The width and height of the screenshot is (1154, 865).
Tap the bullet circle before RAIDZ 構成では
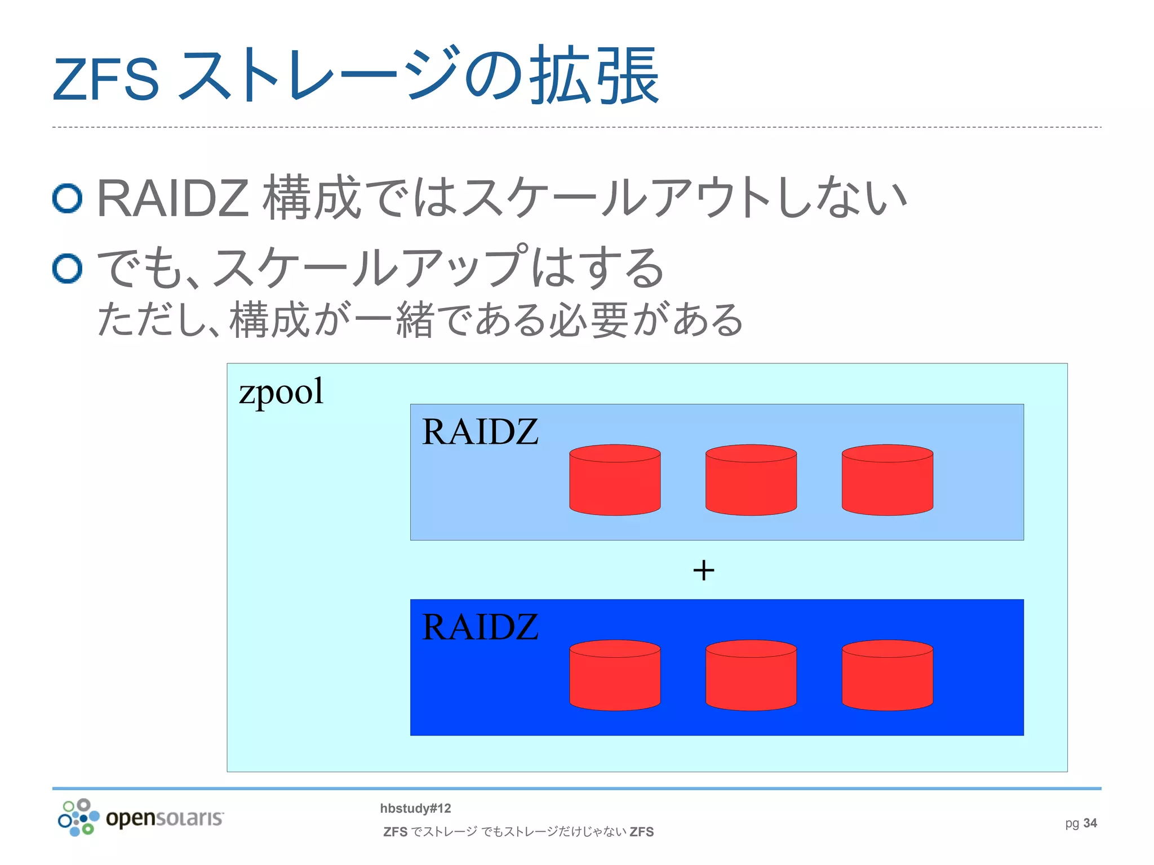click(x=68, y=198)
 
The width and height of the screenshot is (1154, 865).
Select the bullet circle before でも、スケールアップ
click(x=68, y=268)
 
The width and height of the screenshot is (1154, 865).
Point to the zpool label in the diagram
click(x=281, y=391)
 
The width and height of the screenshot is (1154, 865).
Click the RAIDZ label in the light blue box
click(x=480, y=432)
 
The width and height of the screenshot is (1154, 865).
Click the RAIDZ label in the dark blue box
click(x=480, y=627)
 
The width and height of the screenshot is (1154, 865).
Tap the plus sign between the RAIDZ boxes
click(x=704, y=570)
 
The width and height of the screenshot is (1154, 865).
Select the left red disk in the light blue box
click(x=615, y=480)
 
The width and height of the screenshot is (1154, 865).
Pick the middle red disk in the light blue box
click(x=751, y=480)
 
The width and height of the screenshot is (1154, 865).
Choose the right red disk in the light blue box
click(x=887, y=480)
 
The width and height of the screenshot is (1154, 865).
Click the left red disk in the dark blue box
click(x=615, y=675)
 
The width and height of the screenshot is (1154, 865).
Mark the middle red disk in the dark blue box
click(x=751, y=675)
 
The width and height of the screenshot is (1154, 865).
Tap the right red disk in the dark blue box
click(x=887, y=675)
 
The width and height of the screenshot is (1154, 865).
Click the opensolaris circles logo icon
click(x=78, y=818)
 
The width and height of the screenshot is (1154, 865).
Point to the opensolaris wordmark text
click(x=165, y=818)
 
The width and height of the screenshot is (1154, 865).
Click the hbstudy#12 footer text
click(x=415, y=809)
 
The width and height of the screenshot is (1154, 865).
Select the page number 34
click(x=1090, y=823)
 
